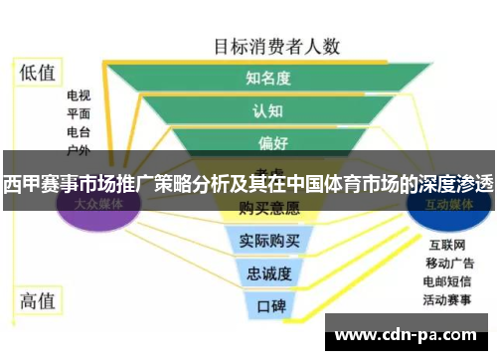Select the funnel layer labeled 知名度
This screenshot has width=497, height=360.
[x=267, y=79]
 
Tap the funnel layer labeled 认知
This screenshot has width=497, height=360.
[x=267, y=110]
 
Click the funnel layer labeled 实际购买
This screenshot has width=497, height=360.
[x=269, y=240]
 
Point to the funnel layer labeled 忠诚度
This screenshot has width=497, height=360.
[x=269, y=271]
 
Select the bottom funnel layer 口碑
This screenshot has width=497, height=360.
[x=269, y=303]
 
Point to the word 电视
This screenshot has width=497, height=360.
[x=79, y=96]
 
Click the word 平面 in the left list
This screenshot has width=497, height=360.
[x=79, y=114]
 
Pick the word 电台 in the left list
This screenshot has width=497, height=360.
[x=79, y=132]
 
